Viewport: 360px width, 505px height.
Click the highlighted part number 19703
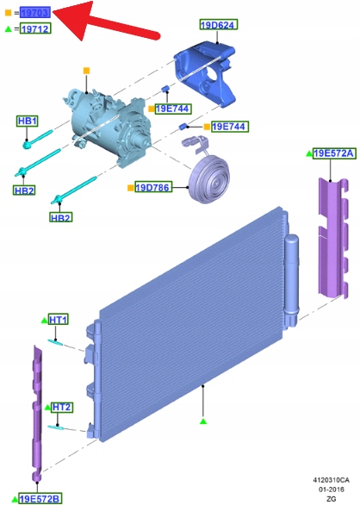tap(35, 13)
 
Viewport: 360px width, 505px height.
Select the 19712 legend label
tap(35, 28)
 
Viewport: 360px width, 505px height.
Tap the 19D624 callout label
tap(219, 24)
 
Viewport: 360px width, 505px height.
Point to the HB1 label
tap(28, 121)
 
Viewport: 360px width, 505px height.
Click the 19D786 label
tap(153, 187)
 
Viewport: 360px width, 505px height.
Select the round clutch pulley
tap(209, 178)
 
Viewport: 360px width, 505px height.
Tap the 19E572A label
tap(333, 153)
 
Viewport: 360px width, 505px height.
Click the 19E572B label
tap(40, 499)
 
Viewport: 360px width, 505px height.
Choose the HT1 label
tap(59, 320)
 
